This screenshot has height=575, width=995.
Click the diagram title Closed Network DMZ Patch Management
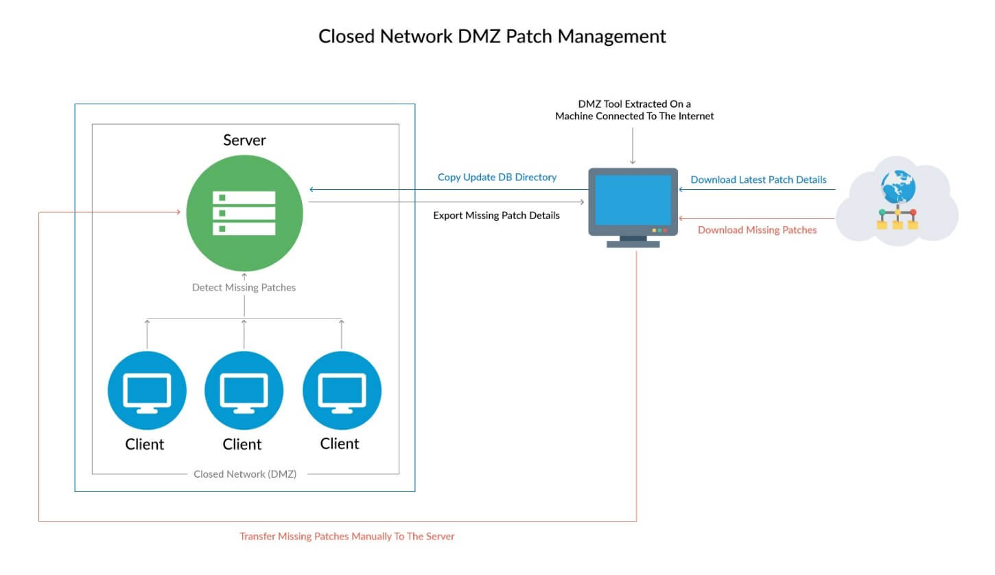tap(492, 36)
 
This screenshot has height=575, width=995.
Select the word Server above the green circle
tap(244, 140)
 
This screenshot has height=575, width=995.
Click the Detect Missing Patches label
tap(244, 288)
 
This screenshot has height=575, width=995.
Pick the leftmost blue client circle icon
tap(147, 391)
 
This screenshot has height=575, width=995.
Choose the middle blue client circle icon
tap(244, 391)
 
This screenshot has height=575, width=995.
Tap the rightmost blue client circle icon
tap(341, 391)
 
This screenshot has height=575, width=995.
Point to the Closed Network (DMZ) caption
tap(245, 474)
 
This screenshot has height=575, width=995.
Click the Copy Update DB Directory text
tap(497, 178)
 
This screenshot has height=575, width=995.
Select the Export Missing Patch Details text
tap(496, 215)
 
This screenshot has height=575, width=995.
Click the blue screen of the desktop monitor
tap(633, 199)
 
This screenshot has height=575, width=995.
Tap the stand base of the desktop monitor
tap(633, 243)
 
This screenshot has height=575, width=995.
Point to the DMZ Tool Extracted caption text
tap(634, 110)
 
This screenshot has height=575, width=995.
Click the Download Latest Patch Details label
tap(758, 180)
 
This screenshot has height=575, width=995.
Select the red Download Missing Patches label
tap(757, 230)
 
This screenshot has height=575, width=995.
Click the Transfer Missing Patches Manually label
tap(347, 537)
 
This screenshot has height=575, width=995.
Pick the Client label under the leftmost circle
tap(145, 444)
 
